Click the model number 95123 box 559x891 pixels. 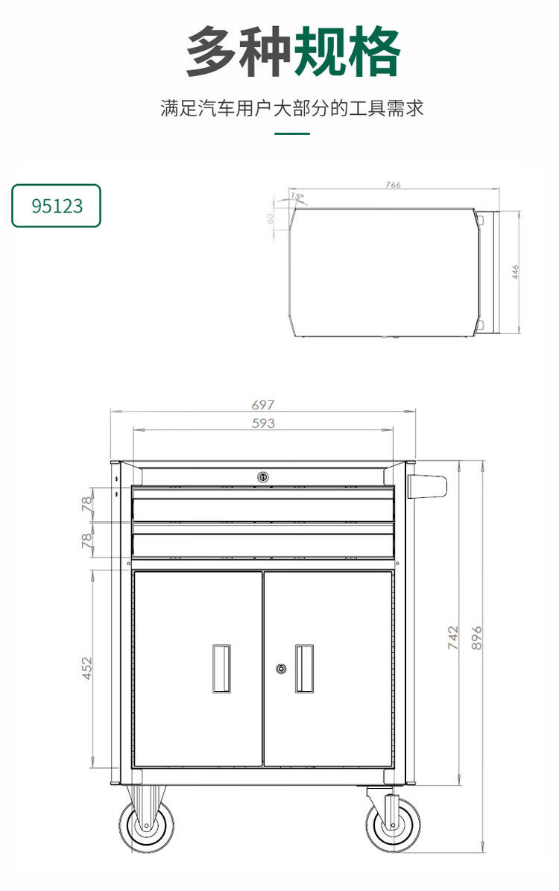click(56, 206)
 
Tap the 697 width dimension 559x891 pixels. click(262, 405)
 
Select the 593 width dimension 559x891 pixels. click(262, 423)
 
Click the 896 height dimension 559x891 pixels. click(477, 637)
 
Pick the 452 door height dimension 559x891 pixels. click(87, 668)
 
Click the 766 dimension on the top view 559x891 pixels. click(394, 185)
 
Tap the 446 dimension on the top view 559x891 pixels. click(515, 271)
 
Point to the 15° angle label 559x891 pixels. click(297, 197)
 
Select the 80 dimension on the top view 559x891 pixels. click(271, 218)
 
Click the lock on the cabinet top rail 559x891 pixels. click(262, 476)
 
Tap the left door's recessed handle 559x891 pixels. click(221, 669)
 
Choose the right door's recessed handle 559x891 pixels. click(304, 669)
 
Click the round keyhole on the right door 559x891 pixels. click(281, 670)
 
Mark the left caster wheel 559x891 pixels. click(147, 825)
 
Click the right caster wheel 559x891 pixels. click(392, 825)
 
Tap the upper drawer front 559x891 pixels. click(262, 510)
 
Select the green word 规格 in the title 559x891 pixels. click(347, 52)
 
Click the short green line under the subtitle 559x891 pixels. click(292, 133)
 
